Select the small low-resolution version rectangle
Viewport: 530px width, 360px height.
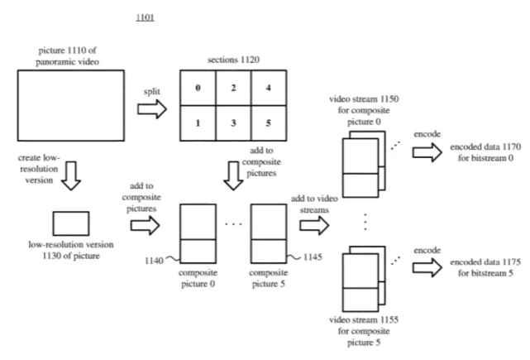[71, 223]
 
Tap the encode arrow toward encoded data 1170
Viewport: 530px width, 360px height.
[427, 150]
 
